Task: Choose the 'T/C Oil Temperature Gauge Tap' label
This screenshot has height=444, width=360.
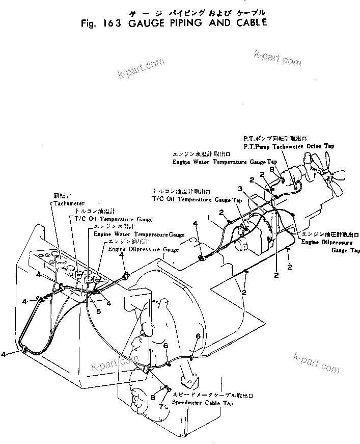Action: [x=197, y=200]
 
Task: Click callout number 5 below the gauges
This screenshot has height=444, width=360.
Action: [x=99, y=310]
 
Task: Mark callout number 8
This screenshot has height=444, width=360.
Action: [x=152, y=397]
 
